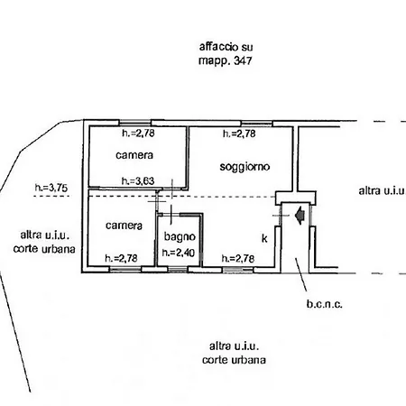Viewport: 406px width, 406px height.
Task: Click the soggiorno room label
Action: (245, 168)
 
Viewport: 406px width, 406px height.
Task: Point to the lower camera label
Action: (122, 225)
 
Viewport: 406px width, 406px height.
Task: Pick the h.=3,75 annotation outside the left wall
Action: (50, 188)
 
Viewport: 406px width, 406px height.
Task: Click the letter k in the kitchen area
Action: (264, 239)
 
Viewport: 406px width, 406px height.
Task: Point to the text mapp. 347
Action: (223, 63)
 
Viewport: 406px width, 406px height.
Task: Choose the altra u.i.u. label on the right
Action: (379, 191)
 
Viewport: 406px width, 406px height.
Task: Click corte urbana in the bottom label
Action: (235, 360)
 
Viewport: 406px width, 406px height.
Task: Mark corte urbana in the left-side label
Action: (43, 249)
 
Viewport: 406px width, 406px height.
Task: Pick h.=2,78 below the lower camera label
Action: (122, 258)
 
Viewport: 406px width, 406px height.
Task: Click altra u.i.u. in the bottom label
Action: (235, 345)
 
